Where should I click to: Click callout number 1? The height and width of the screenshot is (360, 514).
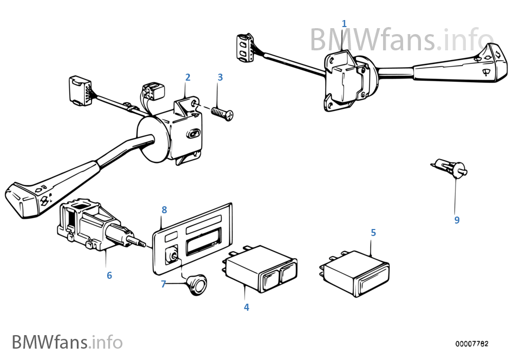pos(344,24)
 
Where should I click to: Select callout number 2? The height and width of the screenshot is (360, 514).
pos(188,77)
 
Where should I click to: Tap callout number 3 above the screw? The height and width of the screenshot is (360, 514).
pos(220,77)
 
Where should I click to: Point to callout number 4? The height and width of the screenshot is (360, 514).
pos(246,307)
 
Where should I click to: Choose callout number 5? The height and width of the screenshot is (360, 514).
pos(373,232)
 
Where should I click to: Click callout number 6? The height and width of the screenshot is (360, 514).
pos(109,276)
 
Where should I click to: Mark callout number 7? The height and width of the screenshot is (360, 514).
pos(163,284)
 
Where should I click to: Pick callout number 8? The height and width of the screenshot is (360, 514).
pos(164,210)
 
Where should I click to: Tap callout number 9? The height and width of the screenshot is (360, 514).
pos(457,220)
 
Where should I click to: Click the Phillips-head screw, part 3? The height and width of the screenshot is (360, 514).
pos(222,114)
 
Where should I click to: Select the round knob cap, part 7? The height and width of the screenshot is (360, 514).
pos(196,285)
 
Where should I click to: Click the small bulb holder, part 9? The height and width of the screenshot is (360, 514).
pos(450,168)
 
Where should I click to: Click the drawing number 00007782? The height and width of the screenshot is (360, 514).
pos(471,344)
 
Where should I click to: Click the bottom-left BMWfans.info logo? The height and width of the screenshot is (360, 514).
pos(67,342)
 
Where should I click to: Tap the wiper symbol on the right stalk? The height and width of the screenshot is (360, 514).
pos(485,71)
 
